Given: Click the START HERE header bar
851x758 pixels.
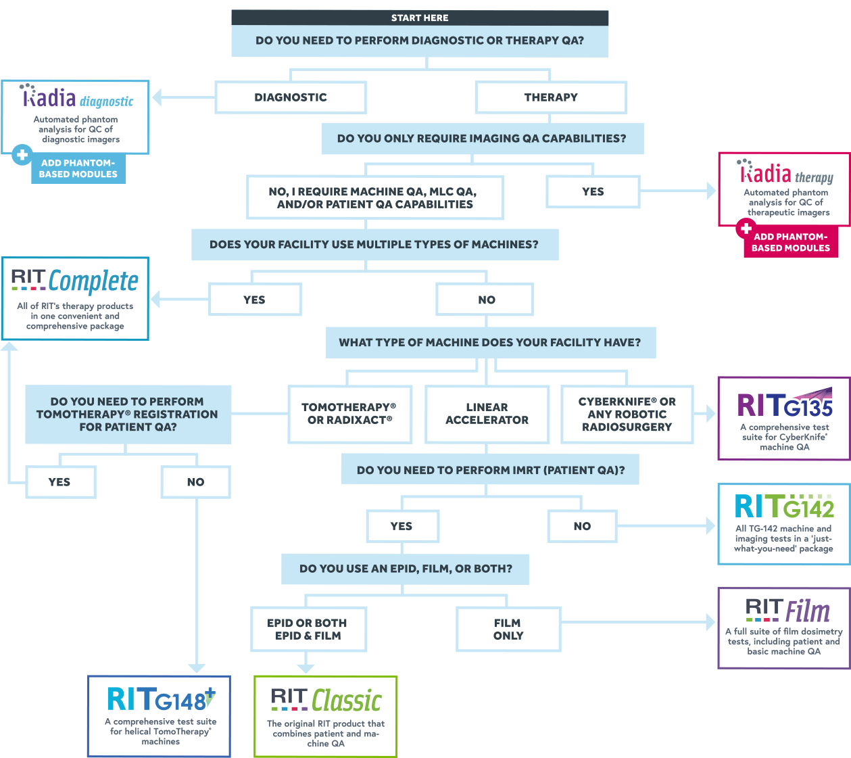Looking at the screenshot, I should [x=420, y=18].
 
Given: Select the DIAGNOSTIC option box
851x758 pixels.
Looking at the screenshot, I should [x=291, y=97].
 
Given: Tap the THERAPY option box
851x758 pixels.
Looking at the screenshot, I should [x=551, y=97].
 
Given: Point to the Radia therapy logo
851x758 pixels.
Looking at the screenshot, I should [x=787, y=174].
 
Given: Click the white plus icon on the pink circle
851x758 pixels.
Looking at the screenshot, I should [x=746, y=229].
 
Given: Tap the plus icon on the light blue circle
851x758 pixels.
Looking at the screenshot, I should [x=22, y=155].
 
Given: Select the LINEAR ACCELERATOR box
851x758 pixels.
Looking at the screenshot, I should [x=487, y=414].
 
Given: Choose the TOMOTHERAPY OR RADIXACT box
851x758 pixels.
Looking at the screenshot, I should [x=350, y=414].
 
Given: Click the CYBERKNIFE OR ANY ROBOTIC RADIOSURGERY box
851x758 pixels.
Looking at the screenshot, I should [x=627, y=414].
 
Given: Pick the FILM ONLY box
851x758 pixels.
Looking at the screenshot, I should [x=508, y=629].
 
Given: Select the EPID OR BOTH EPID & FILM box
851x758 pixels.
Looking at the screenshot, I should [x=308, y=629].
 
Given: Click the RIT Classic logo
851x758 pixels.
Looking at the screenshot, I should [x=326, y=701].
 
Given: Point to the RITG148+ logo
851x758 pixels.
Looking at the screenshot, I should [x=161, y=699].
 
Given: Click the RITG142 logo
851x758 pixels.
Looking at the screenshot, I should [x=784, y=506].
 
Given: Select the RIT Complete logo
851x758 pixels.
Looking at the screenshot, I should [x=75, y=281].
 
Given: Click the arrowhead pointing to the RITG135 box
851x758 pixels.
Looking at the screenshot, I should [x=710, y=414].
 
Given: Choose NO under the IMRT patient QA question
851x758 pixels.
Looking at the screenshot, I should [x=582, y=526].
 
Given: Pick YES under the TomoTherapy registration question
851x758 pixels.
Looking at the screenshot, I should [x=59, y=482].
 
